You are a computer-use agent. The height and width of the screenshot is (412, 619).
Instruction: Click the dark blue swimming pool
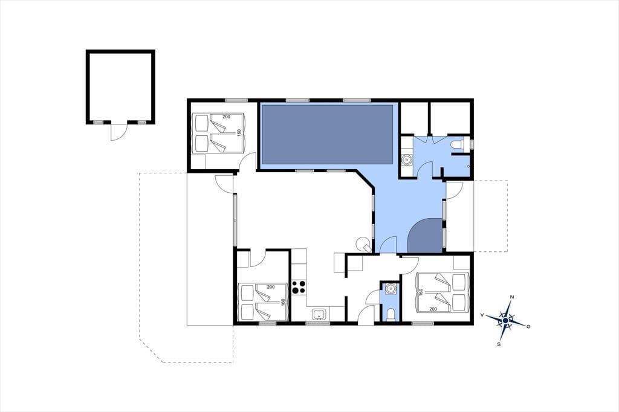327,135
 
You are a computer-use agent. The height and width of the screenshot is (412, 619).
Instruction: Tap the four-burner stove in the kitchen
299,287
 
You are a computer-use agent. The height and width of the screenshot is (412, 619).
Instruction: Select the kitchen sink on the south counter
319,315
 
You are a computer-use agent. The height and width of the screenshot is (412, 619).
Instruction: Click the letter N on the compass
512,297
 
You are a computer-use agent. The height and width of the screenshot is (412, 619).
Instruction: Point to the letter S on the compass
499,344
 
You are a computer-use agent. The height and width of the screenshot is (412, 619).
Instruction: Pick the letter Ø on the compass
528,326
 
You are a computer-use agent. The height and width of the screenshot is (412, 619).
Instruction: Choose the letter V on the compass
482,315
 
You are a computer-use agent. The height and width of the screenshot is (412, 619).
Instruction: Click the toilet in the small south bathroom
391,314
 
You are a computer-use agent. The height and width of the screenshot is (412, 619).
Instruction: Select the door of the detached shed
118,132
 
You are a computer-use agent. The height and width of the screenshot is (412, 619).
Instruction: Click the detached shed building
120,87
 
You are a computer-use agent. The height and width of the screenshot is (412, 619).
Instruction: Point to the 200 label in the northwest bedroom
226,117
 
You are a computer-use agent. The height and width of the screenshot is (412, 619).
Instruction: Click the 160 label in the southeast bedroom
421,292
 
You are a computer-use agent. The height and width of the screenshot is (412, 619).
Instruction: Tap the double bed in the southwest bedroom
263,301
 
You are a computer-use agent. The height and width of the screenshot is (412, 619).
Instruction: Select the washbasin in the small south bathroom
391,289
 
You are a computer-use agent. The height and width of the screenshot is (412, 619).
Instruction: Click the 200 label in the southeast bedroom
433,309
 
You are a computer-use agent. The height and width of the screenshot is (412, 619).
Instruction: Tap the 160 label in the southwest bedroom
283,302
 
